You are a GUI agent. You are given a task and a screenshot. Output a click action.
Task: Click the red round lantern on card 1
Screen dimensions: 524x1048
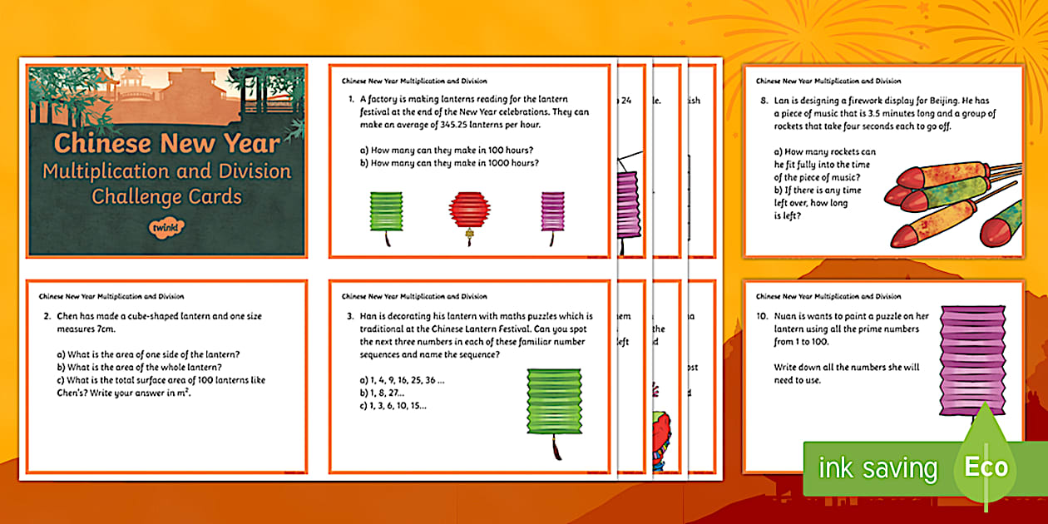(467, 215)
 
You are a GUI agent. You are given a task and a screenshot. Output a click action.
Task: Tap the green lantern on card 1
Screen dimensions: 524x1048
(385, 214)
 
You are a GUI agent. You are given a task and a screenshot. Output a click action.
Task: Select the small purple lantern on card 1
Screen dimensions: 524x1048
(553, 213)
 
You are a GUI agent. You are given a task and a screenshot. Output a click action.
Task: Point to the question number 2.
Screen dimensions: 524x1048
(47, 317)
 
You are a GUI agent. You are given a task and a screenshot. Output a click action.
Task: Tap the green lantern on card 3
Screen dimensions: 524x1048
(550, 403)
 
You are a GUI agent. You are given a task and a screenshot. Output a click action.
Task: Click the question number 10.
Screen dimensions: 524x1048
(763, 317)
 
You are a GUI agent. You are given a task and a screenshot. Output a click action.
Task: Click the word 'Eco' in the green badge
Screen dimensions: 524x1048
(986, 467)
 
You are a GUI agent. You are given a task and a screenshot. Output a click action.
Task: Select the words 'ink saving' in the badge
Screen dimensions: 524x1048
(878, 468)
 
